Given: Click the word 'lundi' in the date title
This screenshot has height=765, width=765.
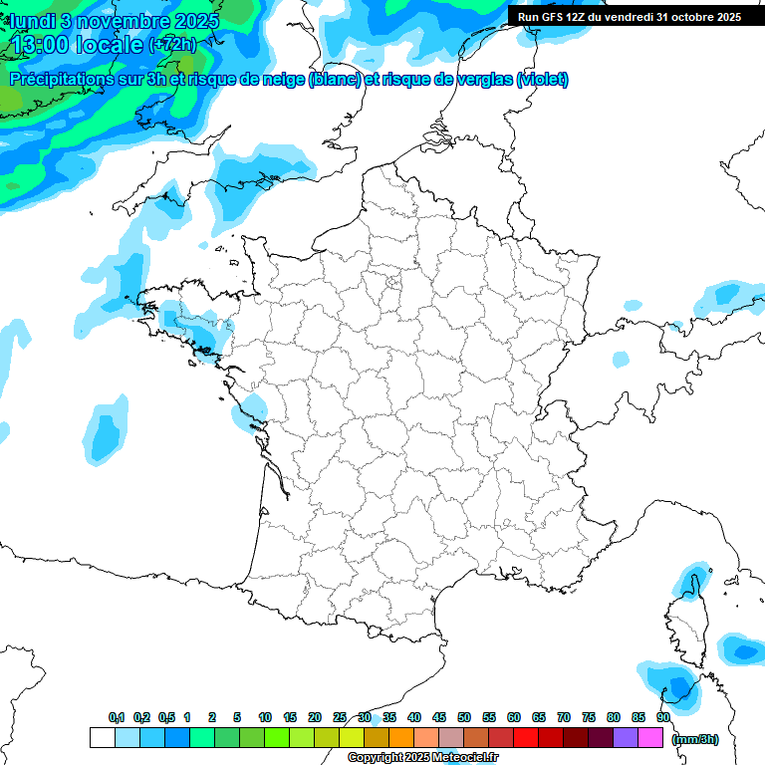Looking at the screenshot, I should [x=33, y=20].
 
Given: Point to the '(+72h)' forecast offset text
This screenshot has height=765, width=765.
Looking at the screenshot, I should [x=171, y=44].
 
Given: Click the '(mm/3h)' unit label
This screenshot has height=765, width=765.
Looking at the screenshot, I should [x=695, y=738].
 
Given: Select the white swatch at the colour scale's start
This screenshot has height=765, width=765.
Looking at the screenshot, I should [x=102, y=738].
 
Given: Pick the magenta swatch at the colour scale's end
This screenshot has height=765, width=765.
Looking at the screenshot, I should [x=650, y=738].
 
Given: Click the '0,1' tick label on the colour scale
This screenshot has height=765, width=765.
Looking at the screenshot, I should [x=117, y=718].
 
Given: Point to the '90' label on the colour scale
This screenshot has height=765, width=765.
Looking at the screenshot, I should [x=663, y=718].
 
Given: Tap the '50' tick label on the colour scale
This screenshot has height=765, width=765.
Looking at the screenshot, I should [x=464, y=718].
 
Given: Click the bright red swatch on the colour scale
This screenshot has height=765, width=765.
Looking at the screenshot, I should [x=525, y=738].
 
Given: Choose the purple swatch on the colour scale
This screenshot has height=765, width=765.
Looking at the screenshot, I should [x=626, y=738].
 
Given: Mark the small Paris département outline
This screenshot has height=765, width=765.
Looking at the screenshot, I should [x=392, y=284].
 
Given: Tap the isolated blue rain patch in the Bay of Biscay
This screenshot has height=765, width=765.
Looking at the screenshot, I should [x=104, y=429].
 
